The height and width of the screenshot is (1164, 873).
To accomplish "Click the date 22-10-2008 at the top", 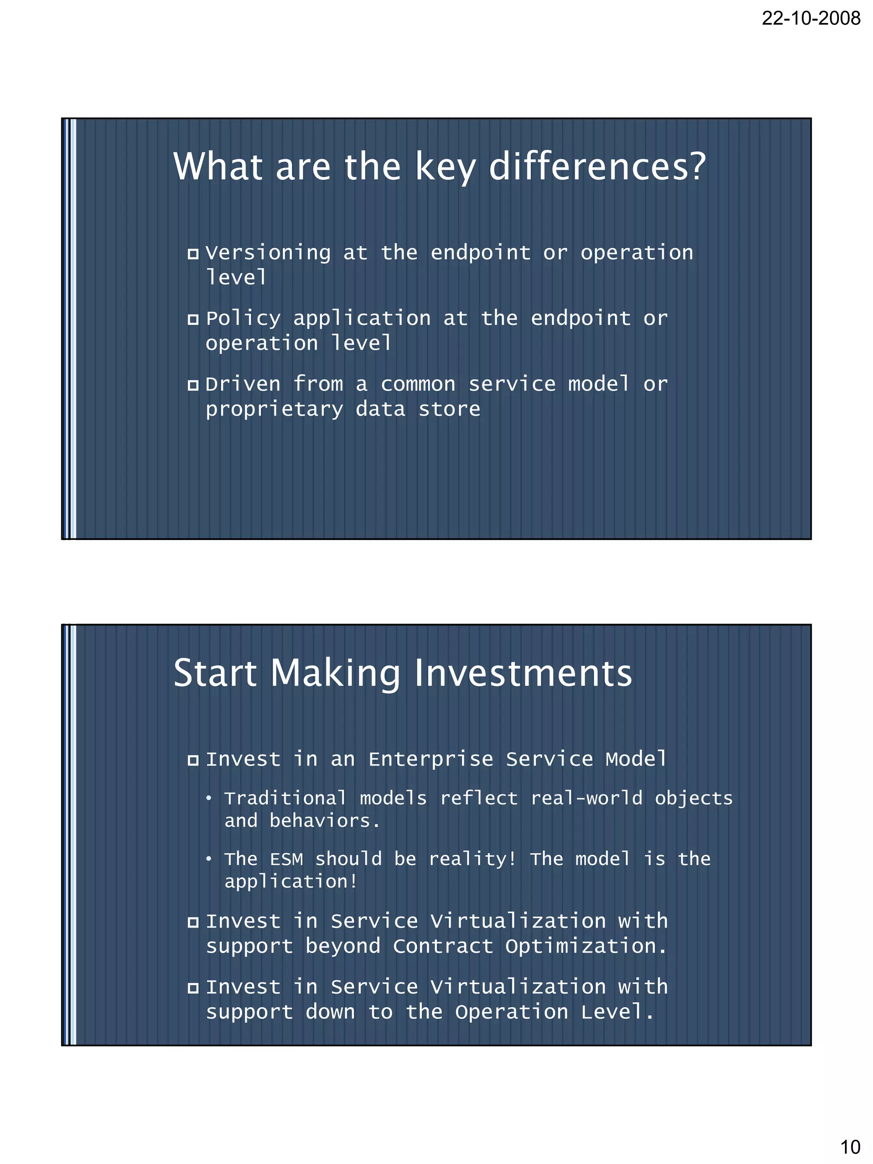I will (x=811, y=18).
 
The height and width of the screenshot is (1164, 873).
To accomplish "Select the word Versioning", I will (x=268, y=253).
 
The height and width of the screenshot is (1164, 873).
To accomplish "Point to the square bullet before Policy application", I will (x=193, y=319).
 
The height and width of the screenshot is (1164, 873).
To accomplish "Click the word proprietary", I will (x=274, y=410).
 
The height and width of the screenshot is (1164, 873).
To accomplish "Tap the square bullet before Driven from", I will (x=193, y=385).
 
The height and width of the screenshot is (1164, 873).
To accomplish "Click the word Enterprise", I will (x=431, y=760).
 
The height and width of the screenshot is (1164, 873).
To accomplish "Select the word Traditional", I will (x=285, y=798).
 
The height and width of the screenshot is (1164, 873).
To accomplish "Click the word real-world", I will (x=586, y=798).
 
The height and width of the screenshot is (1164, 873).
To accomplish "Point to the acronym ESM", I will (x=286, y=859).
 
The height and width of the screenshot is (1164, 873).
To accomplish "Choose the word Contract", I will (x=443, y=947).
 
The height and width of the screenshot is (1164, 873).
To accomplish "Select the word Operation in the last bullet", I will (x=512, y=1012).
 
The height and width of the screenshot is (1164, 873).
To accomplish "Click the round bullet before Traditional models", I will (x=209, y=799).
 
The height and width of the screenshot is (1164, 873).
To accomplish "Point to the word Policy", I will (x=243, y=319).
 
